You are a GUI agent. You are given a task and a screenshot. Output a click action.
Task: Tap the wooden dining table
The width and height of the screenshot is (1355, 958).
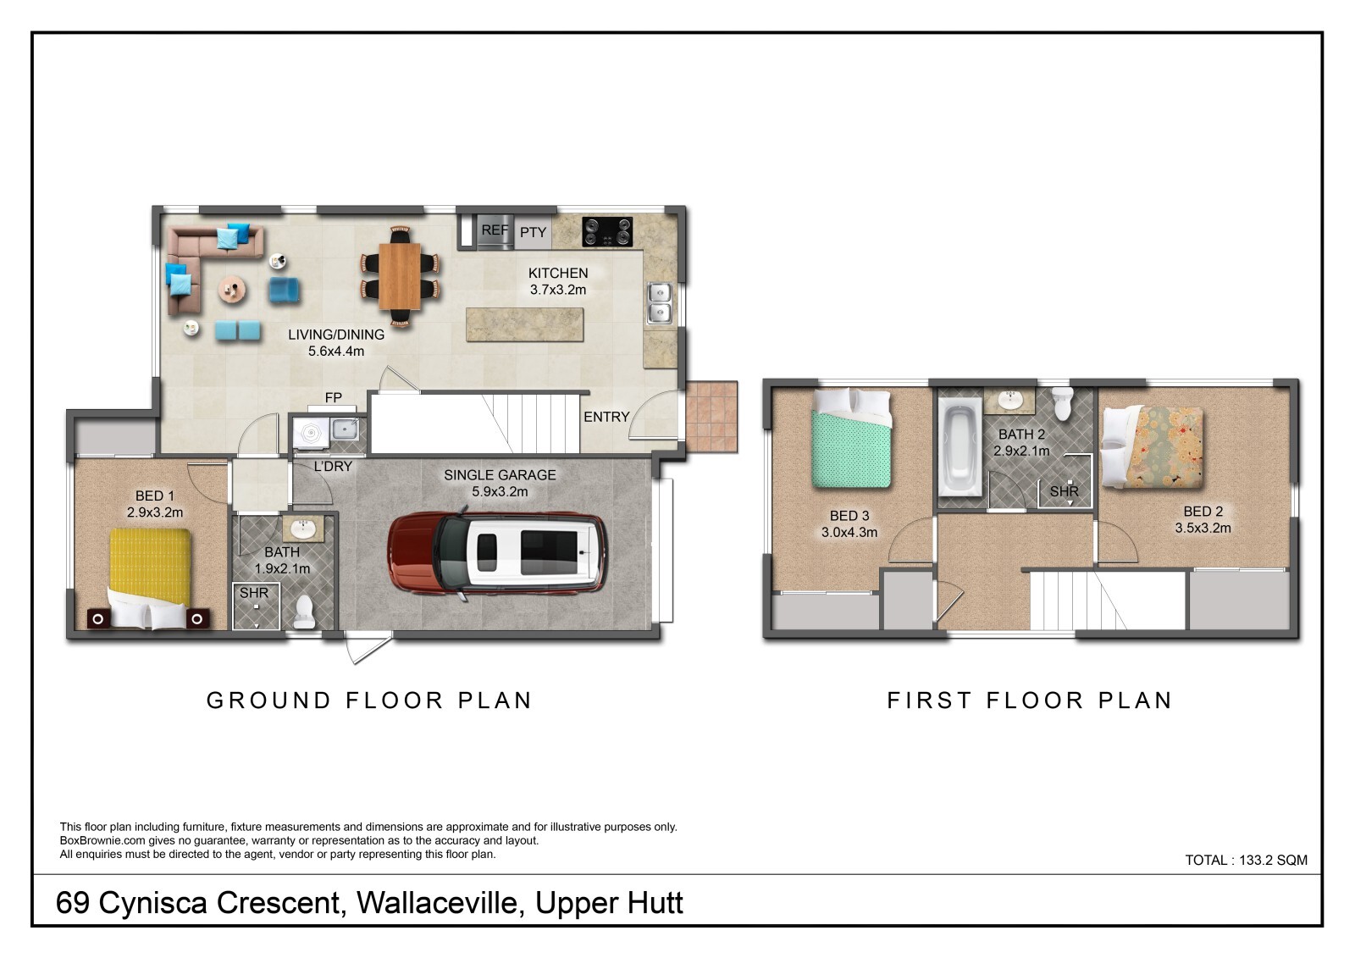[x=399, y=276]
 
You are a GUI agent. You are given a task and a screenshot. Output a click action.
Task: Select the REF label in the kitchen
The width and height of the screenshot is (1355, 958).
[x=495, y=230]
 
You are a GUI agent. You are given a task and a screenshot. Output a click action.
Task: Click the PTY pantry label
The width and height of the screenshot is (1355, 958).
[x=533, y=232]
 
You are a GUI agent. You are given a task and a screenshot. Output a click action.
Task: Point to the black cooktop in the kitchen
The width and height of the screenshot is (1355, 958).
[x=606, y=232]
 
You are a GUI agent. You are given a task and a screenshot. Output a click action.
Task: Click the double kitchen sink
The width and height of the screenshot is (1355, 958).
[x=660, y=303]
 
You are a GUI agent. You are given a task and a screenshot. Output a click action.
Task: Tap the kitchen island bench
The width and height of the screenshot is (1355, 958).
[x=524, y=324]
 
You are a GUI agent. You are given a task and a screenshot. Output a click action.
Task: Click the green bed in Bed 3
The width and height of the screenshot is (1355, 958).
[x=850, y=438]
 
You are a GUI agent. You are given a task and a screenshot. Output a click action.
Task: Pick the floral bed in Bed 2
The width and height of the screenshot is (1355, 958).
[x=1152, y=447]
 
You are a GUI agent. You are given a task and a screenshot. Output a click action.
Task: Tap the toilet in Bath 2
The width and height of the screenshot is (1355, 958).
[x=1061, y=403]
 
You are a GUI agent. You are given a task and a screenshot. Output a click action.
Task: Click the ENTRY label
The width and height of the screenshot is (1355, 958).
[x=606, y=417]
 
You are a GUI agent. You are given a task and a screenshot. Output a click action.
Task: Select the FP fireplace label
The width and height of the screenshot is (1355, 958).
[x=334, y=397]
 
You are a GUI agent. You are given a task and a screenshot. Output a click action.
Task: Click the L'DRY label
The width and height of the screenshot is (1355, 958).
[x=333, y=467]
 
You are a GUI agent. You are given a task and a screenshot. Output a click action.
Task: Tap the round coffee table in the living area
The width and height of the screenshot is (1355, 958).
[x=232, y=291]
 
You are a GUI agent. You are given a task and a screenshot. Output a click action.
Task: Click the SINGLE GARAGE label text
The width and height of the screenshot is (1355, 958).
[x=500, y=476]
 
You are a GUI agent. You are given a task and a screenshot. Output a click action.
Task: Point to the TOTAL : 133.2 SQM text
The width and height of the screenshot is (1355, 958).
[x=1246, y=860]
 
